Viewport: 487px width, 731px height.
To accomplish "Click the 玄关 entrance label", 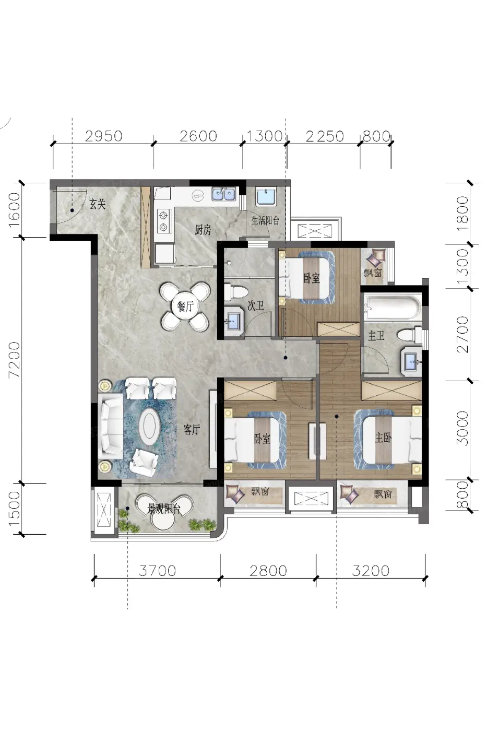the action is click(98, 205).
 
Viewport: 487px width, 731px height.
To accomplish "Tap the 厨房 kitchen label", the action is click(203, 230).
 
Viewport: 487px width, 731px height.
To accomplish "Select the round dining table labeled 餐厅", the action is click(185, 306).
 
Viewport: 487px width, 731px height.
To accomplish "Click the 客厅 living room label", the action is click(192, 430).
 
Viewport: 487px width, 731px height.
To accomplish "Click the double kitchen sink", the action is click(224, 194).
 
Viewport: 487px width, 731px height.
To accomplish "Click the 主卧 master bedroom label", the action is click(383, 438).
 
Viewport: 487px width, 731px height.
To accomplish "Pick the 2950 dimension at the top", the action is click(104, 136).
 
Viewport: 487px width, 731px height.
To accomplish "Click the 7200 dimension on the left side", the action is click(14, 359).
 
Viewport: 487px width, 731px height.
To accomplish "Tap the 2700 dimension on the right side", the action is click(462, 334).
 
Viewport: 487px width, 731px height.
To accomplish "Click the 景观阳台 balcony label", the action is click(163, 509).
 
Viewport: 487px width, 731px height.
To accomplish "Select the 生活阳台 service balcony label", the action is click(265, 220).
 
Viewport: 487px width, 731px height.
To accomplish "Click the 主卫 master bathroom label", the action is click(376, 335).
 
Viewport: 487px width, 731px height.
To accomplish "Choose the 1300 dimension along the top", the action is click(265, 136).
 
